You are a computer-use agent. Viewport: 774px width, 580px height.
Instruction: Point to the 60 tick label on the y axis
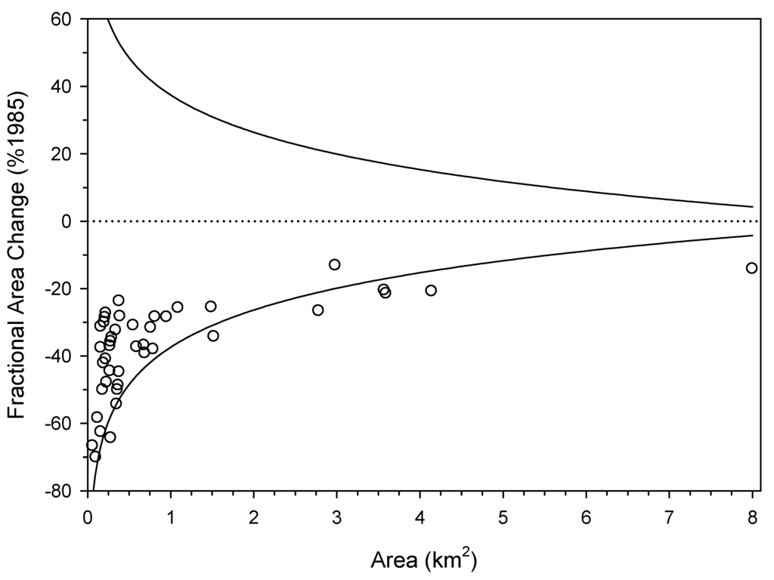tap(70, 19)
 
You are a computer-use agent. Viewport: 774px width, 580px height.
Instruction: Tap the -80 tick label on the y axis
tap(67, 492)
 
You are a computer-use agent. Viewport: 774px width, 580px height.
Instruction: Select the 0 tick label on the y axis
tap(76, 221)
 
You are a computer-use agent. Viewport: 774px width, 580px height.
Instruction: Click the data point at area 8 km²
tap(751, 268)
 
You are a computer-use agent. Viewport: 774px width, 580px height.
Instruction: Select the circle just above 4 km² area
tap(431, 291)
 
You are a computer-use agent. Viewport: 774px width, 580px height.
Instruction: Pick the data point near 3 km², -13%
tap(334, 264)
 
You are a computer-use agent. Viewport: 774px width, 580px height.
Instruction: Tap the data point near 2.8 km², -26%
tap(317, 310)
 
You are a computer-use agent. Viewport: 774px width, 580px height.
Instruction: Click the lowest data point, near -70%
tap(94, 456)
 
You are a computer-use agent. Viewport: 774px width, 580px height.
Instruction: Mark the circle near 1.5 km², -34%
tap(213, 335)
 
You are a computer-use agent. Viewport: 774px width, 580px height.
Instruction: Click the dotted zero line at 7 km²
tap(669, 221)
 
